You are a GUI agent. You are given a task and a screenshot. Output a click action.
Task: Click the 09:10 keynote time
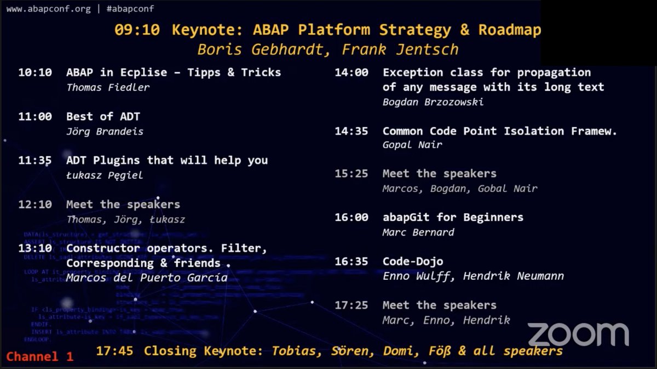click(137, 30)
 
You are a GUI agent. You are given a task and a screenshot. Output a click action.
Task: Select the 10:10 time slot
click(35, 72)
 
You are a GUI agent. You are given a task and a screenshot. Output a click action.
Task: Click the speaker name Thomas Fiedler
click(108, 87)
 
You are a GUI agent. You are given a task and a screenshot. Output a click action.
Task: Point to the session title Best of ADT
click(103, 116)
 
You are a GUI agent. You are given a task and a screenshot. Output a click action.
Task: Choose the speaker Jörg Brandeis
click(104, 131)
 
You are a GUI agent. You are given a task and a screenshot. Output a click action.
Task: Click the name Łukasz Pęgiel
click(104, 175)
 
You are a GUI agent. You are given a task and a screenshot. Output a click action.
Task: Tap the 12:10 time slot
click(35, 204)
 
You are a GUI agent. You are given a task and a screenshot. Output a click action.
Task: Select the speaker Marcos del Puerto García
click(146, 278)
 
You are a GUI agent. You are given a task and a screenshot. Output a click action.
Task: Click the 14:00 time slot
click(351, 72)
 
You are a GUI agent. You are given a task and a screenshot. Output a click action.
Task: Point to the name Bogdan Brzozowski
click(433, 102)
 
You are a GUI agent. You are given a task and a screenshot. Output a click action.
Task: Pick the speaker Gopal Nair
click(412, 145)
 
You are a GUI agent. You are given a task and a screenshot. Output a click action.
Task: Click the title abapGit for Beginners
click(453, 217)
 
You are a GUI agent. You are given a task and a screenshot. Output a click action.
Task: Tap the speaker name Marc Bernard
click(418, 232)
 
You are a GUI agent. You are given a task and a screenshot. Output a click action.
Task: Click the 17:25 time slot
click(351, 305)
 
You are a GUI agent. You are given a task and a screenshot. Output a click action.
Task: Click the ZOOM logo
click(578, 335)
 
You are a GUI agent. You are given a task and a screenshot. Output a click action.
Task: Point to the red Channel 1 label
click(39, 357)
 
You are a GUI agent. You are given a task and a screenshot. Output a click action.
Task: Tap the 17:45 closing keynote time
click(114, 351)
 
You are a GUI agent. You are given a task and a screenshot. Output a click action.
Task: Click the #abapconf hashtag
click(130, 9)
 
